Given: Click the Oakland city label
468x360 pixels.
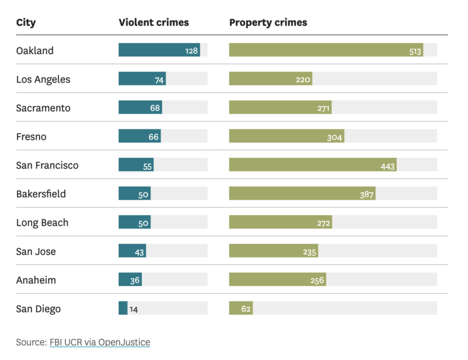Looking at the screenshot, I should pos(35,51).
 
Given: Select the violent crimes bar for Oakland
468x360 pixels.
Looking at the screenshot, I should pos(159,50).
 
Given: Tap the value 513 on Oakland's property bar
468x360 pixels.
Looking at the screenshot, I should pos(415,51).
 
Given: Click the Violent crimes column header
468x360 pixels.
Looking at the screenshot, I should pos(154,22).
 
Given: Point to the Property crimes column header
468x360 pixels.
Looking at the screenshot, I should pos(268,22).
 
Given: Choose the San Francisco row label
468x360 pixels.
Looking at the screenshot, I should pos(47,165).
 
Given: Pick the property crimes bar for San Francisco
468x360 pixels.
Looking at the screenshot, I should pos(313,165).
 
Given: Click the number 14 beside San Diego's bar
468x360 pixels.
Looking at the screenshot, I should pos(133,309).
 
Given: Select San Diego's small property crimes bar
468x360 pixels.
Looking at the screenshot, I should pos(241,308).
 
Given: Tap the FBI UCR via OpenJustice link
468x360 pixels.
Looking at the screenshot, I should pos(100,342).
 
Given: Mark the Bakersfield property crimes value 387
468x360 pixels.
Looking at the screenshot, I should pos(367,195).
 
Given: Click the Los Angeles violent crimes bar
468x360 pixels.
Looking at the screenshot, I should pos(142,79).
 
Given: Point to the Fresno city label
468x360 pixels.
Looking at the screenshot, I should pos(31,137).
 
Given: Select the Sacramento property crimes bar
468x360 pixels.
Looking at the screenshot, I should pos(280,108).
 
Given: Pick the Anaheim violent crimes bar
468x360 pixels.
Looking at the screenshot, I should pos(130,280).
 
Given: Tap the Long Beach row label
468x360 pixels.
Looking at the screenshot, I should pos(42,223).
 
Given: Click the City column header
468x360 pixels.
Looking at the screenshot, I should pos(26,22).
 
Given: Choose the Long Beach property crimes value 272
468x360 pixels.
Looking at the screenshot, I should pos(323,223).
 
